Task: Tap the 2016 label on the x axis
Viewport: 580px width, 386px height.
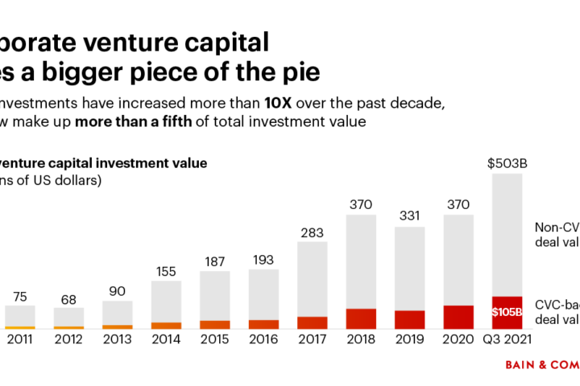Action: coord(263,340)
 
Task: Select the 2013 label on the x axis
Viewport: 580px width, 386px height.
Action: coord(117,340)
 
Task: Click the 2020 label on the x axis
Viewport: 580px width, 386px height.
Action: coord(458,340)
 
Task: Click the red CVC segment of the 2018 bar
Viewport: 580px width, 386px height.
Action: coord(361,318)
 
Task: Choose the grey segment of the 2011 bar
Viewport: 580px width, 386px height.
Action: coord(19,315)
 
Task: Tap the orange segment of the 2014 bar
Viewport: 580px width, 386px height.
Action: coord(166,325)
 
